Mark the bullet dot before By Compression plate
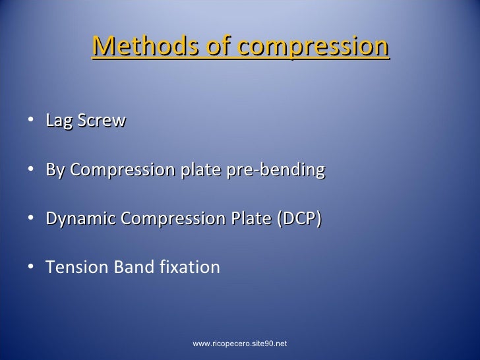[x=33, y=171]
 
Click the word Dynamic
[x=76, y=219]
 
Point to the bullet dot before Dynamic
[x=33, y=220]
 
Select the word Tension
[x=73, y=268]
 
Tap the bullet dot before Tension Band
[x=33, y=268]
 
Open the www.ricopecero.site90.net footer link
[x=240, y=344]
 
